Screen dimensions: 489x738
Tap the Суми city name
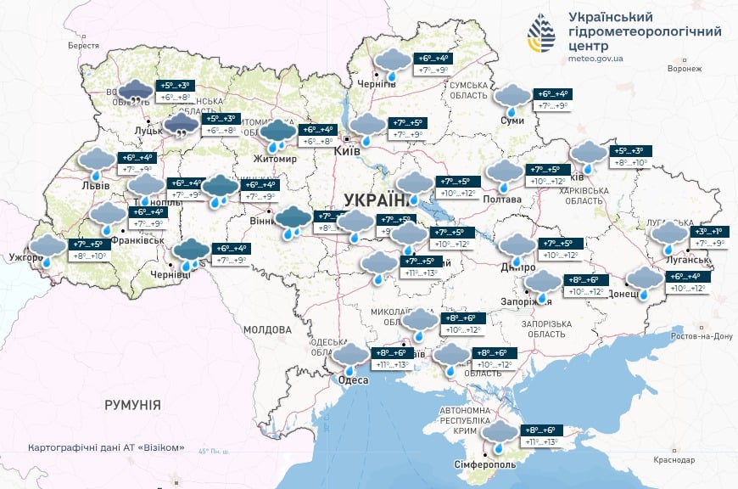point(512,121)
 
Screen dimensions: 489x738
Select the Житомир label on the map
point(274,159)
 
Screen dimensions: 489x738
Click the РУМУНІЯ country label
point(132,405)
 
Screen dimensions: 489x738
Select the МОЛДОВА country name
point(267,329)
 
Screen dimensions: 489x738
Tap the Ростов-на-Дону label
point(702,336)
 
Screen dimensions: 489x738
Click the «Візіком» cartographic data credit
point(106,447)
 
